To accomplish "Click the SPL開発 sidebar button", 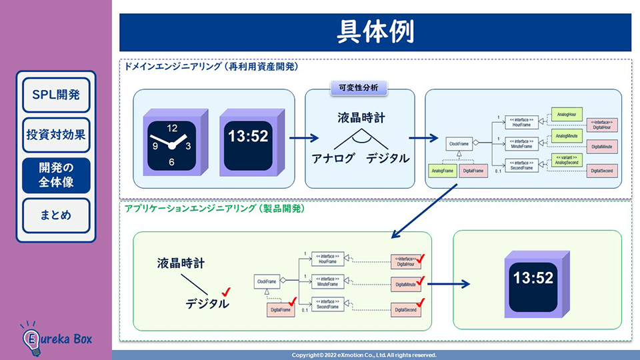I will [56, 94].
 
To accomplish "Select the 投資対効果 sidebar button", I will [56, 135].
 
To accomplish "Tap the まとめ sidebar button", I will [56, 215].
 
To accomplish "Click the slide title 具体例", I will [375, 31].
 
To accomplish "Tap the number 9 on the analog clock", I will [155, 145].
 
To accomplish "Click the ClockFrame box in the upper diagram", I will [459, 143].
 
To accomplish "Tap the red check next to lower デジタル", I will [226, 291].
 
